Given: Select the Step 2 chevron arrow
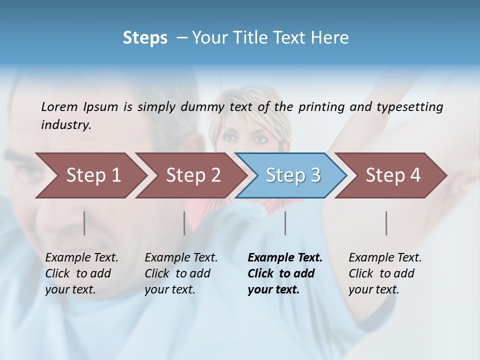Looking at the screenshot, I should [193, 175].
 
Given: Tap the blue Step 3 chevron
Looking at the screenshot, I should [293, 175].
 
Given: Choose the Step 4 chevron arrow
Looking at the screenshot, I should [393, 175].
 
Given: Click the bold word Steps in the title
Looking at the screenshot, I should [145, 38].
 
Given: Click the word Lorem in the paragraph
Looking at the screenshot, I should [59, 107].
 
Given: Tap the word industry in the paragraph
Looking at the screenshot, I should [66, 124].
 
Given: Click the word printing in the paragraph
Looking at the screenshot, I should [320, 107].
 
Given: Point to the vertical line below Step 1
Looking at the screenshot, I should [84, 223].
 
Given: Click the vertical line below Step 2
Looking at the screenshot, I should [184, 223].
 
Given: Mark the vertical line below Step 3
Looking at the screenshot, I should [285, 223].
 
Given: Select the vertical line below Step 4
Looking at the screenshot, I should [386, 223].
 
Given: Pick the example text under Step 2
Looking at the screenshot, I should [180, 273].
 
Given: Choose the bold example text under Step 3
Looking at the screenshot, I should [284, 273].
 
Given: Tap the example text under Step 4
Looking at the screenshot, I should [384, 273].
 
